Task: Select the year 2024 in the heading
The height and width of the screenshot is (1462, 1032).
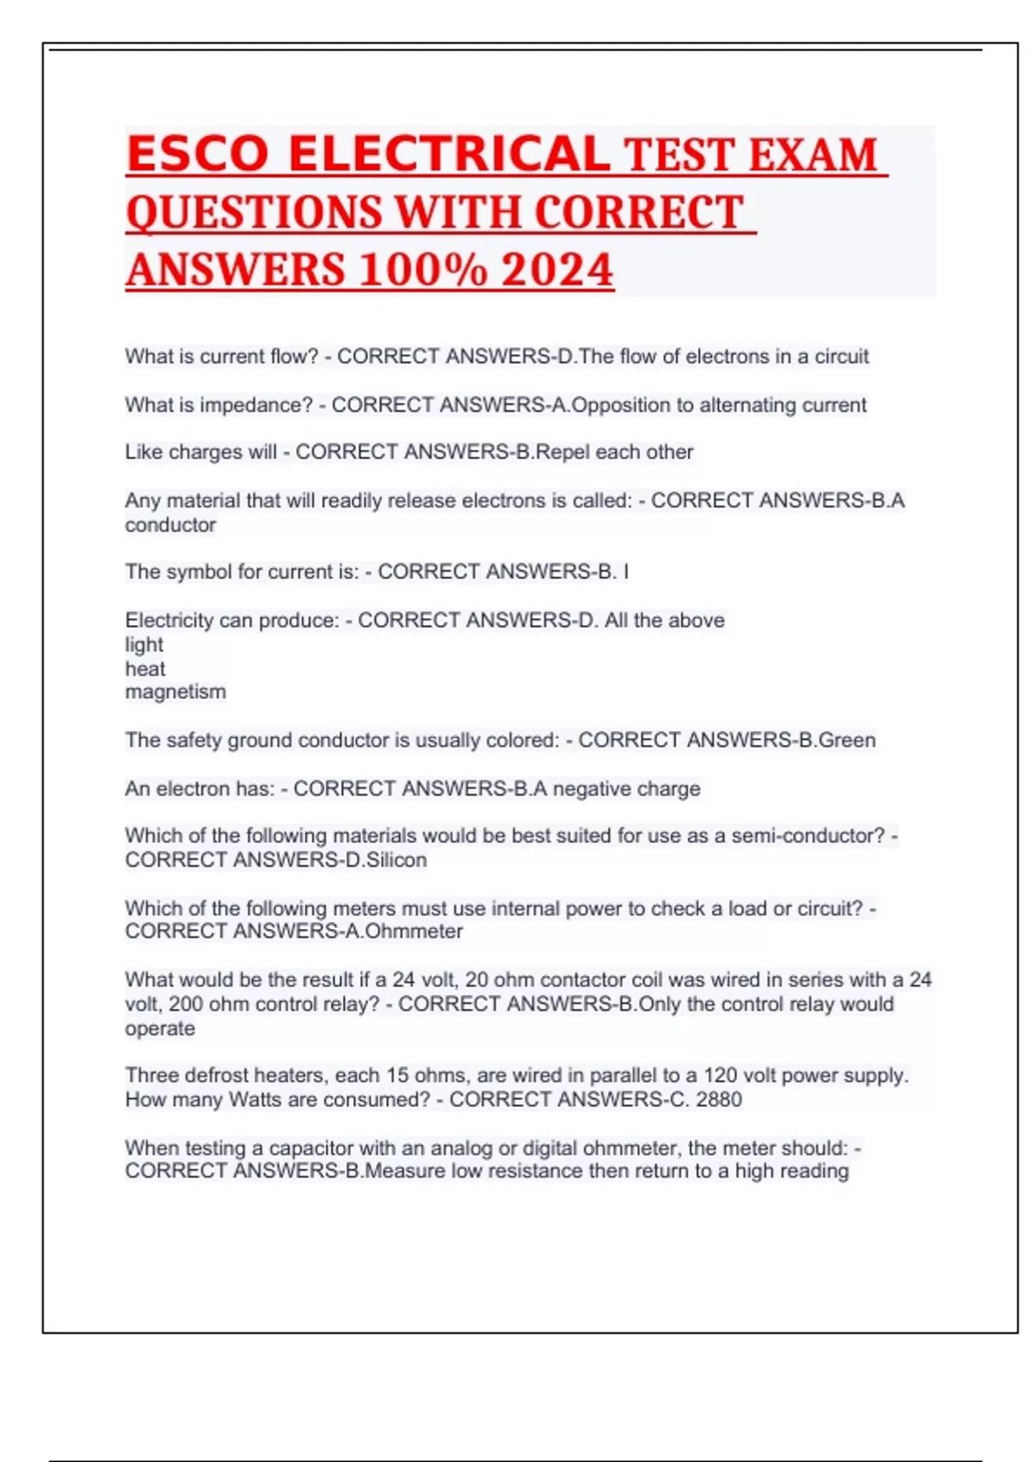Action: point(556,269)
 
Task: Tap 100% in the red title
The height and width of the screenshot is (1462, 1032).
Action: point(422,269)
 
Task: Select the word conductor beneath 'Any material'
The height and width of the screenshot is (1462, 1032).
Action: point(170,525)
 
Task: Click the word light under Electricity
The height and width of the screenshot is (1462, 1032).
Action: point(144,645)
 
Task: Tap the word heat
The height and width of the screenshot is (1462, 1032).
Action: point(144,669)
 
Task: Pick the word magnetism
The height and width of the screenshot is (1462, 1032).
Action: point(175,692)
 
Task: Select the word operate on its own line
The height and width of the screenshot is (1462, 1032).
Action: point(160,1029)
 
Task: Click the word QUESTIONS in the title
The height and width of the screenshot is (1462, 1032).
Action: point(254,212)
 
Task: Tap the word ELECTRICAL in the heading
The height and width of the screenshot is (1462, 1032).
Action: point(449,154)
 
